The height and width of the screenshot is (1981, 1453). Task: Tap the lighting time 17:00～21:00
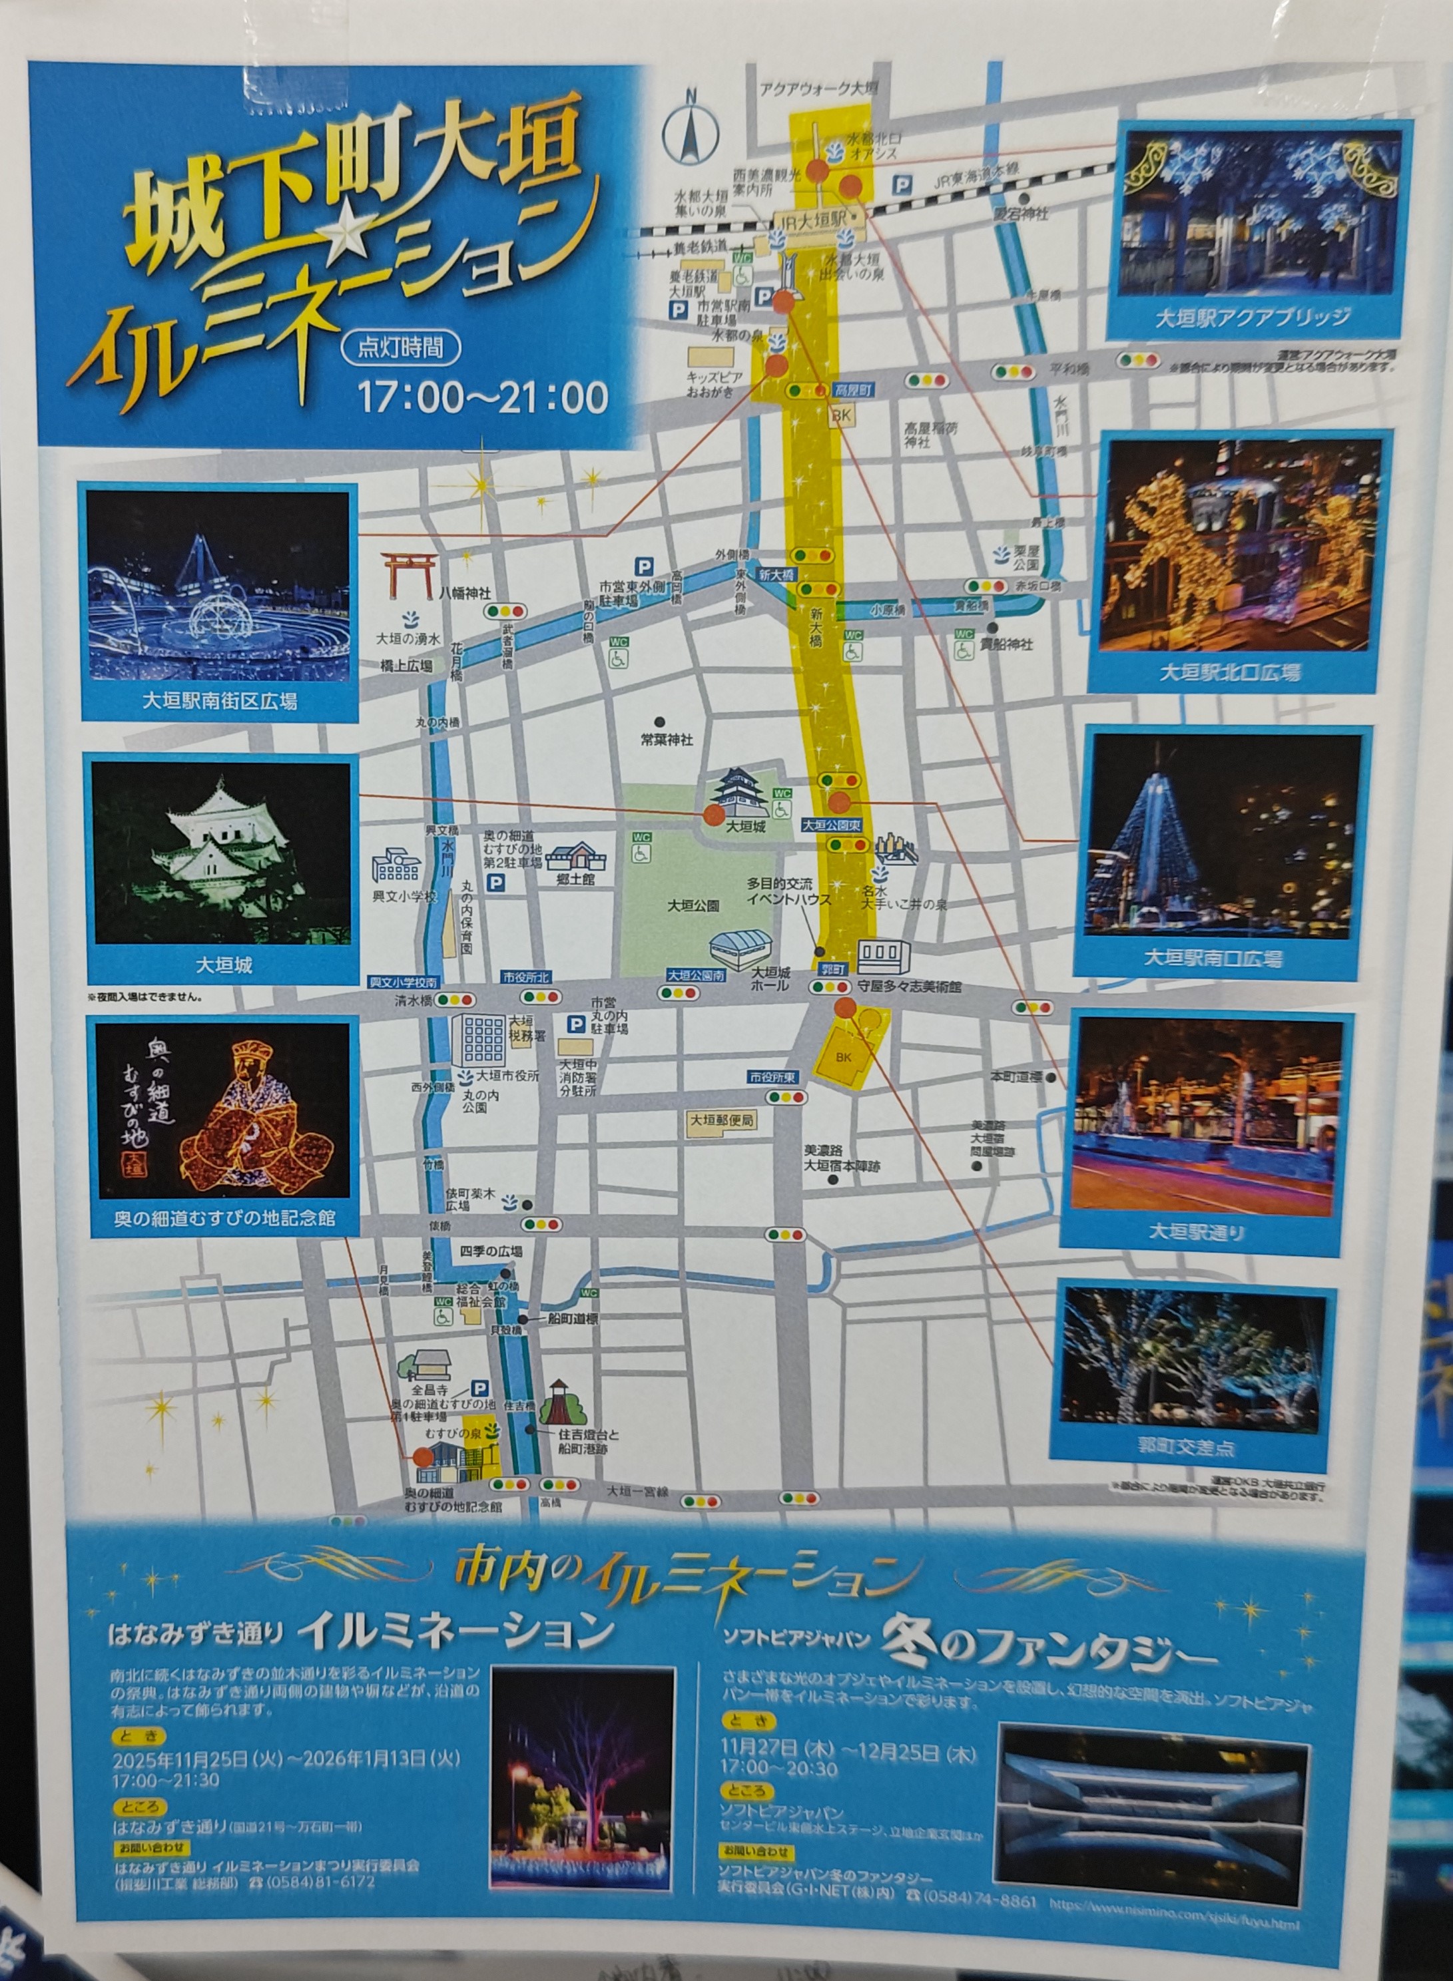pos(482,397)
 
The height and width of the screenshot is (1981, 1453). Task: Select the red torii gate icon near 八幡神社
pos(409,575)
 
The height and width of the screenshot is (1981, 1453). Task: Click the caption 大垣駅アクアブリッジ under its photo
pos(1252,317)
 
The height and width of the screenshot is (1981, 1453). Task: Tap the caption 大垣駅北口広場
pos(1229,672)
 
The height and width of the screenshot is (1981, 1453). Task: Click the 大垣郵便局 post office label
pos(721,1120)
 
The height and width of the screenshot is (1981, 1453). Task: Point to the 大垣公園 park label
pos(693,905)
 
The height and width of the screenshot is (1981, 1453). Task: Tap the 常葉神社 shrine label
pos(667,740)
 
